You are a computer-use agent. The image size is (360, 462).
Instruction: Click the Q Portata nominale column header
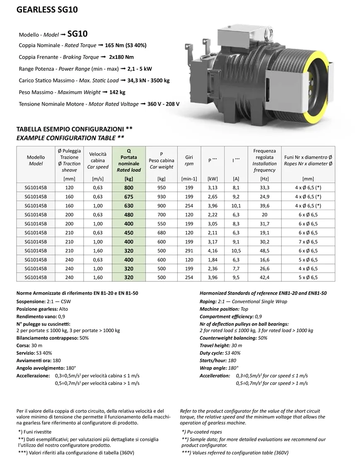(x=129, y=160)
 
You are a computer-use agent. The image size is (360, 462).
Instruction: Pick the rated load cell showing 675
(x=129, y=196)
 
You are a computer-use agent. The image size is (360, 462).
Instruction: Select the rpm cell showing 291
(x=189, y=251)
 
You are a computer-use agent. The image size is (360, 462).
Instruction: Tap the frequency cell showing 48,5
(x=264, y=251)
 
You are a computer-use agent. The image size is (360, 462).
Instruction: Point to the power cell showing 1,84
(x=213, y=260)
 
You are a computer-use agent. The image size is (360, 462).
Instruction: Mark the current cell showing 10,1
(x=236, y=206)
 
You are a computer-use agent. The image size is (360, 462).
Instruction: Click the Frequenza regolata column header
(x=264, y=160)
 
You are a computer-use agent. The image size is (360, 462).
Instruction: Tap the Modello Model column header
(x=36, y=160)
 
